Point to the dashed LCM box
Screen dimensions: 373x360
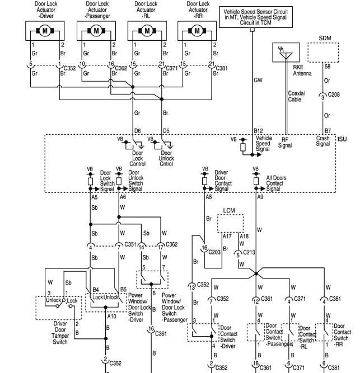231,222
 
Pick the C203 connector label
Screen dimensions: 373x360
214,252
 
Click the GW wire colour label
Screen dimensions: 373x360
258,80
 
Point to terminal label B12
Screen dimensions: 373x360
258,131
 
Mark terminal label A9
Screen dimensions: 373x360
260,197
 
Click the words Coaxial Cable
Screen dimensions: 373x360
296,96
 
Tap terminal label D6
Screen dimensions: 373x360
137,131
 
